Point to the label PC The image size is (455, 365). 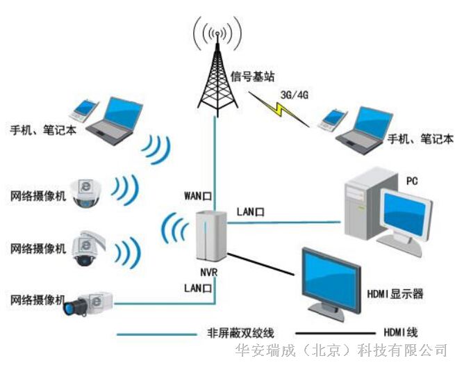(411, 179)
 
